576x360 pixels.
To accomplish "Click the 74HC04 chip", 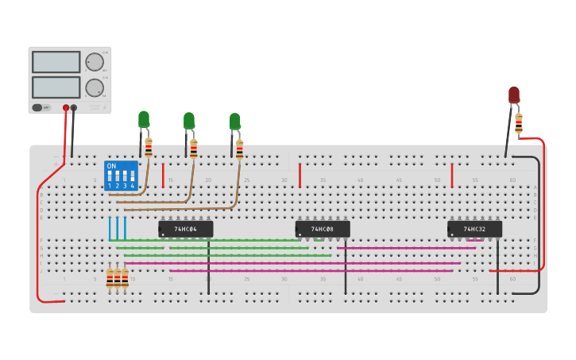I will tap(186, 229).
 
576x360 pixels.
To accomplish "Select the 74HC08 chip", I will tap(323, 229).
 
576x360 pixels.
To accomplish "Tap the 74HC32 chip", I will tap(474, 229).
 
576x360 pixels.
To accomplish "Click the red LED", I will tap(514, 95).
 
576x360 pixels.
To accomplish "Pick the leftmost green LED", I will tap(144, 119).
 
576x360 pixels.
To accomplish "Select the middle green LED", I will tap(189, 121).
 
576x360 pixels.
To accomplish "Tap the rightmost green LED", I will tap(234, 122).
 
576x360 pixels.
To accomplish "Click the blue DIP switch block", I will tap(121, 176).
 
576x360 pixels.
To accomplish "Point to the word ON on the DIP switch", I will tap(111, 166).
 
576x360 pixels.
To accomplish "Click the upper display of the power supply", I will tap(56, 62).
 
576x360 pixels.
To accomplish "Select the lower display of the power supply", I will tap(56, 87).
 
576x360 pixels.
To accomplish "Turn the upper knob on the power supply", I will tap(95, 62).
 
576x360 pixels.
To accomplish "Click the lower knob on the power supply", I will tap(95, 87).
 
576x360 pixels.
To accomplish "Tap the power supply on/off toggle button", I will tap(41, 107).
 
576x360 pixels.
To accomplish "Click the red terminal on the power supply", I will tap(66, 107).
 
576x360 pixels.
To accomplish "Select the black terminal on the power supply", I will tap(74, 107).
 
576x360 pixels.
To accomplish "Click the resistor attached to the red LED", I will tap(519, 123).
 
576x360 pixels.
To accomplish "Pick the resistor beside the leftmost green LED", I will tap(149, 147).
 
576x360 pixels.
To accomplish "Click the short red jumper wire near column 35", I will tap(300, 175).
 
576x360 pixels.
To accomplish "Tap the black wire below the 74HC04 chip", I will tap(208, 266).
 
